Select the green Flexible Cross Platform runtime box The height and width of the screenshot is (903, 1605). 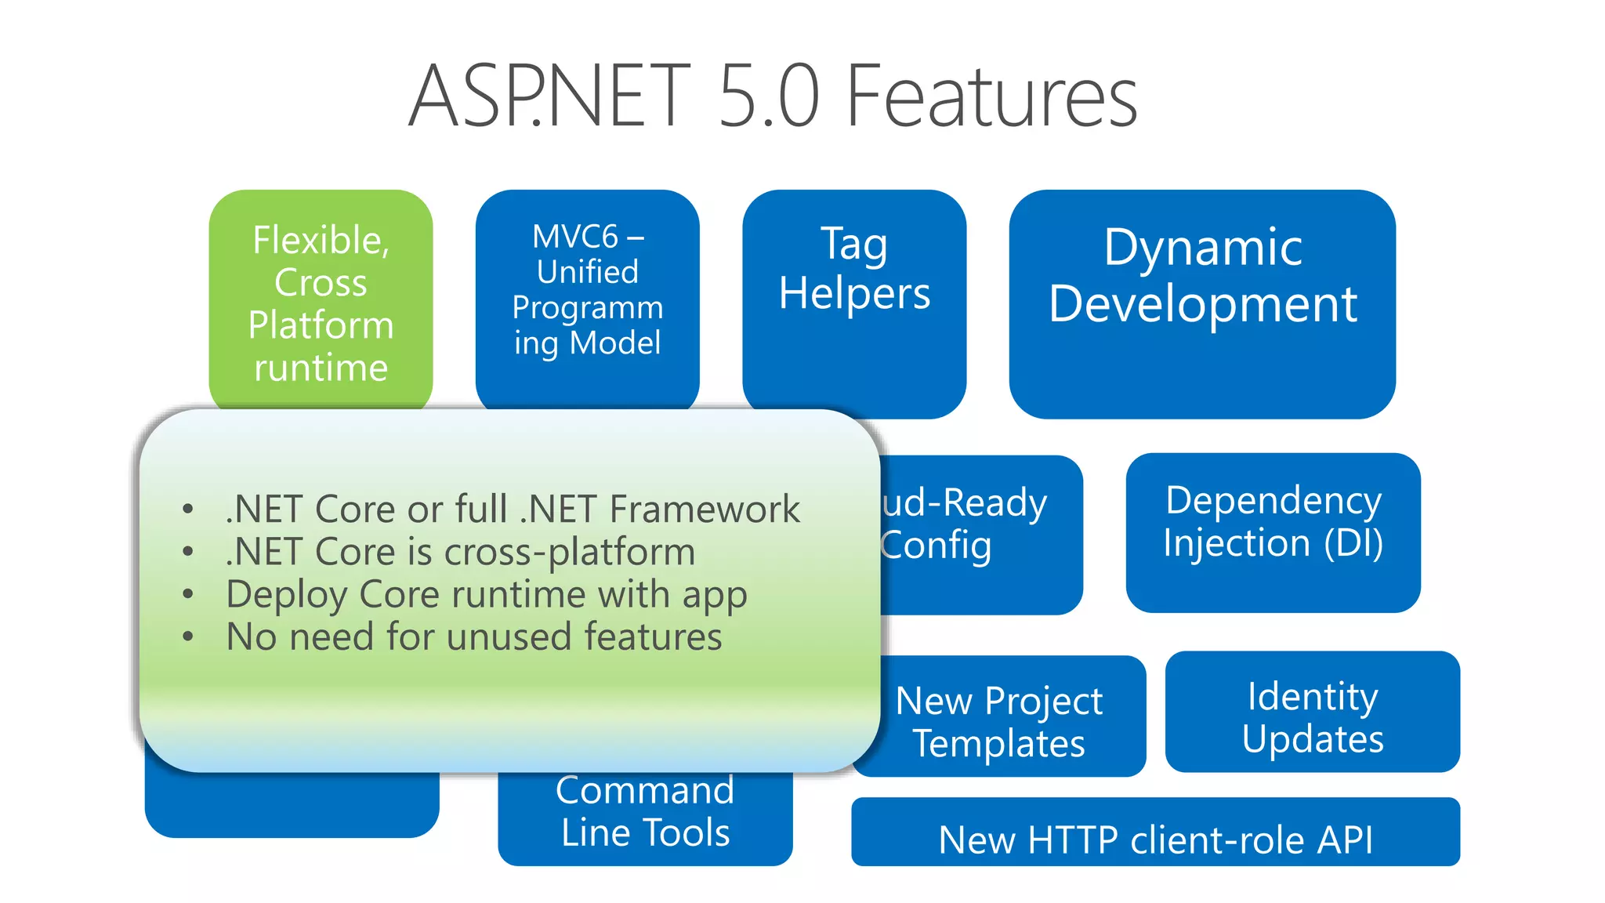321,302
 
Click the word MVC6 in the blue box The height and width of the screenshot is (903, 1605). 575,236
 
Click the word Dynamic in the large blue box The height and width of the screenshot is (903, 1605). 1203,247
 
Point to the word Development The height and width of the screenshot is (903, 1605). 1203,304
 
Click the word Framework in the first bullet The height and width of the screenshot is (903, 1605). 705,510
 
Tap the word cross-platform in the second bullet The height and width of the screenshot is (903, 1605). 570,552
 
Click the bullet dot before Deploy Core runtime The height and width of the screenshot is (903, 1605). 187,594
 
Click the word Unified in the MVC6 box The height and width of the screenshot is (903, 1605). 587,272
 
